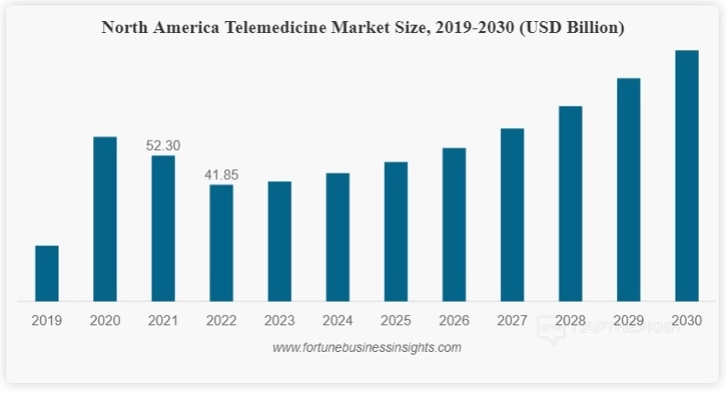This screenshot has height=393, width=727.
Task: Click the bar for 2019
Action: click(47, 273)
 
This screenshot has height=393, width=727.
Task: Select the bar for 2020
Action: click(105, 218)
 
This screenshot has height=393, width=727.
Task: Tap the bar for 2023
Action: click(280, 241)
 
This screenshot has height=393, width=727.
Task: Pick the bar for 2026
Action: click(454, 224)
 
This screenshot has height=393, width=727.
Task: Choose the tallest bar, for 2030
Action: click(687, 175)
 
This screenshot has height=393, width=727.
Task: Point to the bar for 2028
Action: click(571, 204)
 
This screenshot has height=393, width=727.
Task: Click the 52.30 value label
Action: click(164, 145)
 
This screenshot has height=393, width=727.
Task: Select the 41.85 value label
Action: click(221, 175)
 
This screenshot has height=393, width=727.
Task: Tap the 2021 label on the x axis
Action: click(163, 321)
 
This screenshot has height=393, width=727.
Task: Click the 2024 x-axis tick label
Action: click(337, 321)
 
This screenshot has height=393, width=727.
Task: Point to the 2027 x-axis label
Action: click(512, 321)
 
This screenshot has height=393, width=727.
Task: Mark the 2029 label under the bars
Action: click(628, 321)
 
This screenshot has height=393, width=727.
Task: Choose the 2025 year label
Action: click(396, 321)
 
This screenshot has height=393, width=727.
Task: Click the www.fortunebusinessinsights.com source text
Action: click(367, 347)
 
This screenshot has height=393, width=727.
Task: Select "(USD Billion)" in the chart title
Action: click(568, 28)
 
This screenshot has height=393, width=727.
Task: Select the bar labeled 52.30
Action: click(164, 228)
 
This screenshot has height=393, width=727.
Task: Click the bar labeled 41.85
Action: click(221, 243)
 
